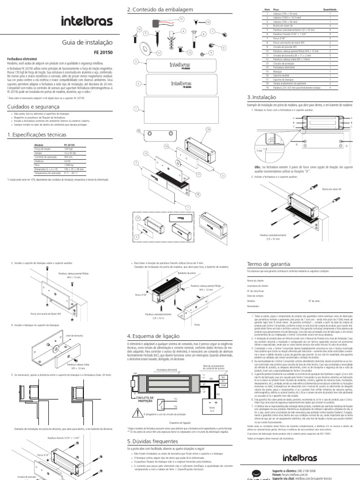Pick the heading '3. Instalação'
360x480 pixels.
click(x=261, y=97)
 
